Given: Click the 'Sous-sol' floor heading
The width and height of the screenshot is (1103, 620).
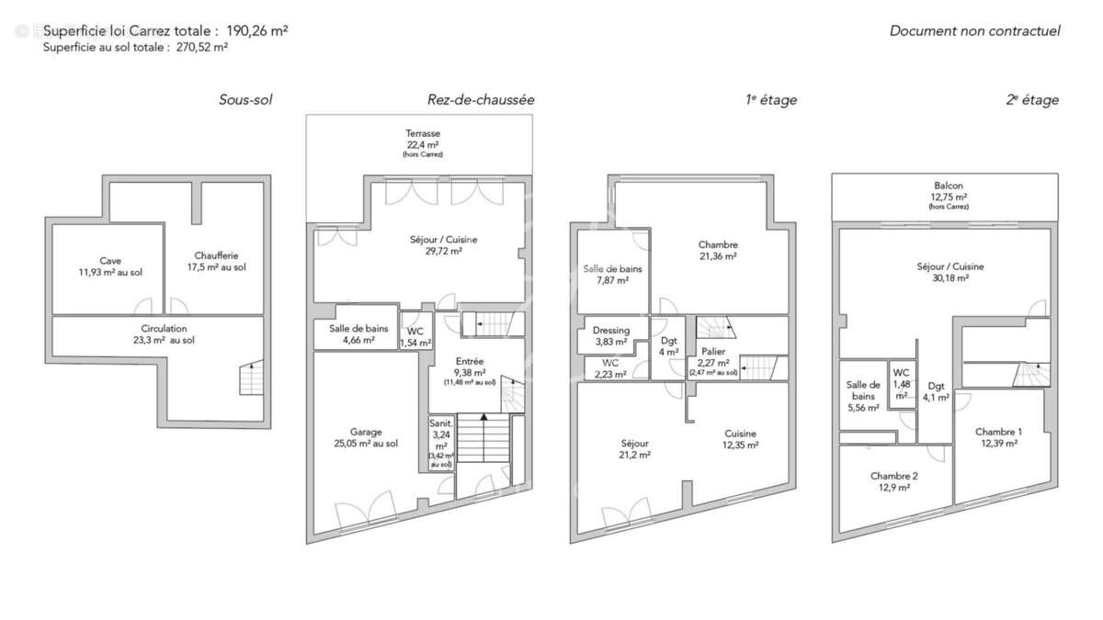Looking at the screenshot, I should coord(245,100).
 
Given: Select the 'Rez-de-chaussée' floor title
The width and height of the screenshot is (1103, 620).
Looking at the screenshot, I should coord(480,100).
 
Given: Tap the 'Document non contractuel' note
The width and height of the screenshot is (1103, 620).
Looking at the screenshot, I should coord(974,30).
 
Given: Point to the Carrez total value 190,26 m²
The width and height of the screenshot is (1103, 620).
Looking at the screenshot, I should coord(257,30).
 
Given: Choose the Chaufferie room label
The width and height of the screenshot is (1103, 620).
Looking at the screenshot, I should coord(220,261).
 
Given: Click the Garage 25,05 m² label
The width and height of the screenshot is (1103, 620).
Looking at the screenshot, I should coord(366,437).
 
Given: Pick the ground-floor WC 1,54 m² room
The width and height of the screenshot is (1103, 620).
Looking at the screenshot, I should coord(415,336).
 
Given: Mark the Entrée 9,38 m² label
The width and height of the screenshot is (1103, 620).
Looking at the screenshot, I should coord(469,366).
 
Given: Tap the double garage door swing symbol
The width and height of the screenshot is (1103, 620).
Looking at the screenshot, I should coord(366,513).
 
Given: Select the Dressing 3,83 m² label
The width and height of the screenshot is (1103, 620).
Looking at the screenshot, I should coord(610,335).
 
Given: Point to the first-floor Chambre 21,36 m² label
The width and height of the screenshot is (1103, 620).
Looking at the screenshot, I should coord(718,251).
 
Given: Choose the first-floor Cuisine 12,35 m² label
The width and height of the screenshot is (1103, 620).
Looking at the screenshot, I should coord(740,439).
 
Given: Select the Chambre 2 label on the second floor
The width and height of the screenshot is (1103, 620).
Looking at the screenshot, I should coord(893,481).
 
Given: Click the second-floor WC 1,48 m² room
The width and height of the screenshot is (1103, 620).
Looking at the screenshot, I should coord(902,383).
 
